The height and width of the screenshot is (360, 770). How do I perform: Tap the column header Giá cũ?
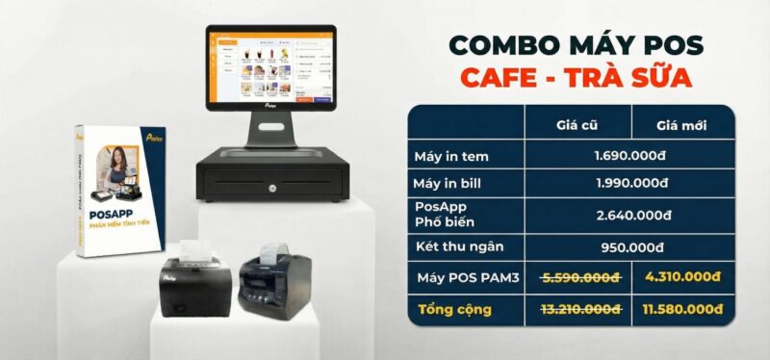click(x=577, y=123)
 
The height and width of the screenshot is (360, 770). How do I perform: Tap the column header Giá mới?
click(x=682, y=123)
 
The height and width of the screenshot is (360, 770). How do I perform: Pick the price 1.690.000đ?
click(x=630, y=154)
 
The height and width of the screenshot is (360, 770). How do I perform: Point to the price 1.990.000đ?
click(x=630, y=183)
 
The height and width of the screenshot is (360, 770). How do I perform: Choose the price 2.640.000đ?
click(x=630, y=216)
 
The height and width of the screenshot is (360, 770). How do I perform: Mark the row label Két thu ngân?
click(x=459, y=246)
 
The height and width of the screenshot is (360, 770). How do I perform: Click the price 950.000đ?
click(x=630, y=247)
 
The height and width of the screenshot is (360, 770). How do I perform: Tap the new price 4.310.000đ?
click(x=682, y=278)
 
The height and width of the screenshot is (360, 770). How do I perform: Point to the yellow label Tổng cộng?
click(x=454, y=309)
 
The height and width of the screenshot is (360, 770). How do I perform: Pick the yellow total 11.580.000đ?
click(x=682, y=309)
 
